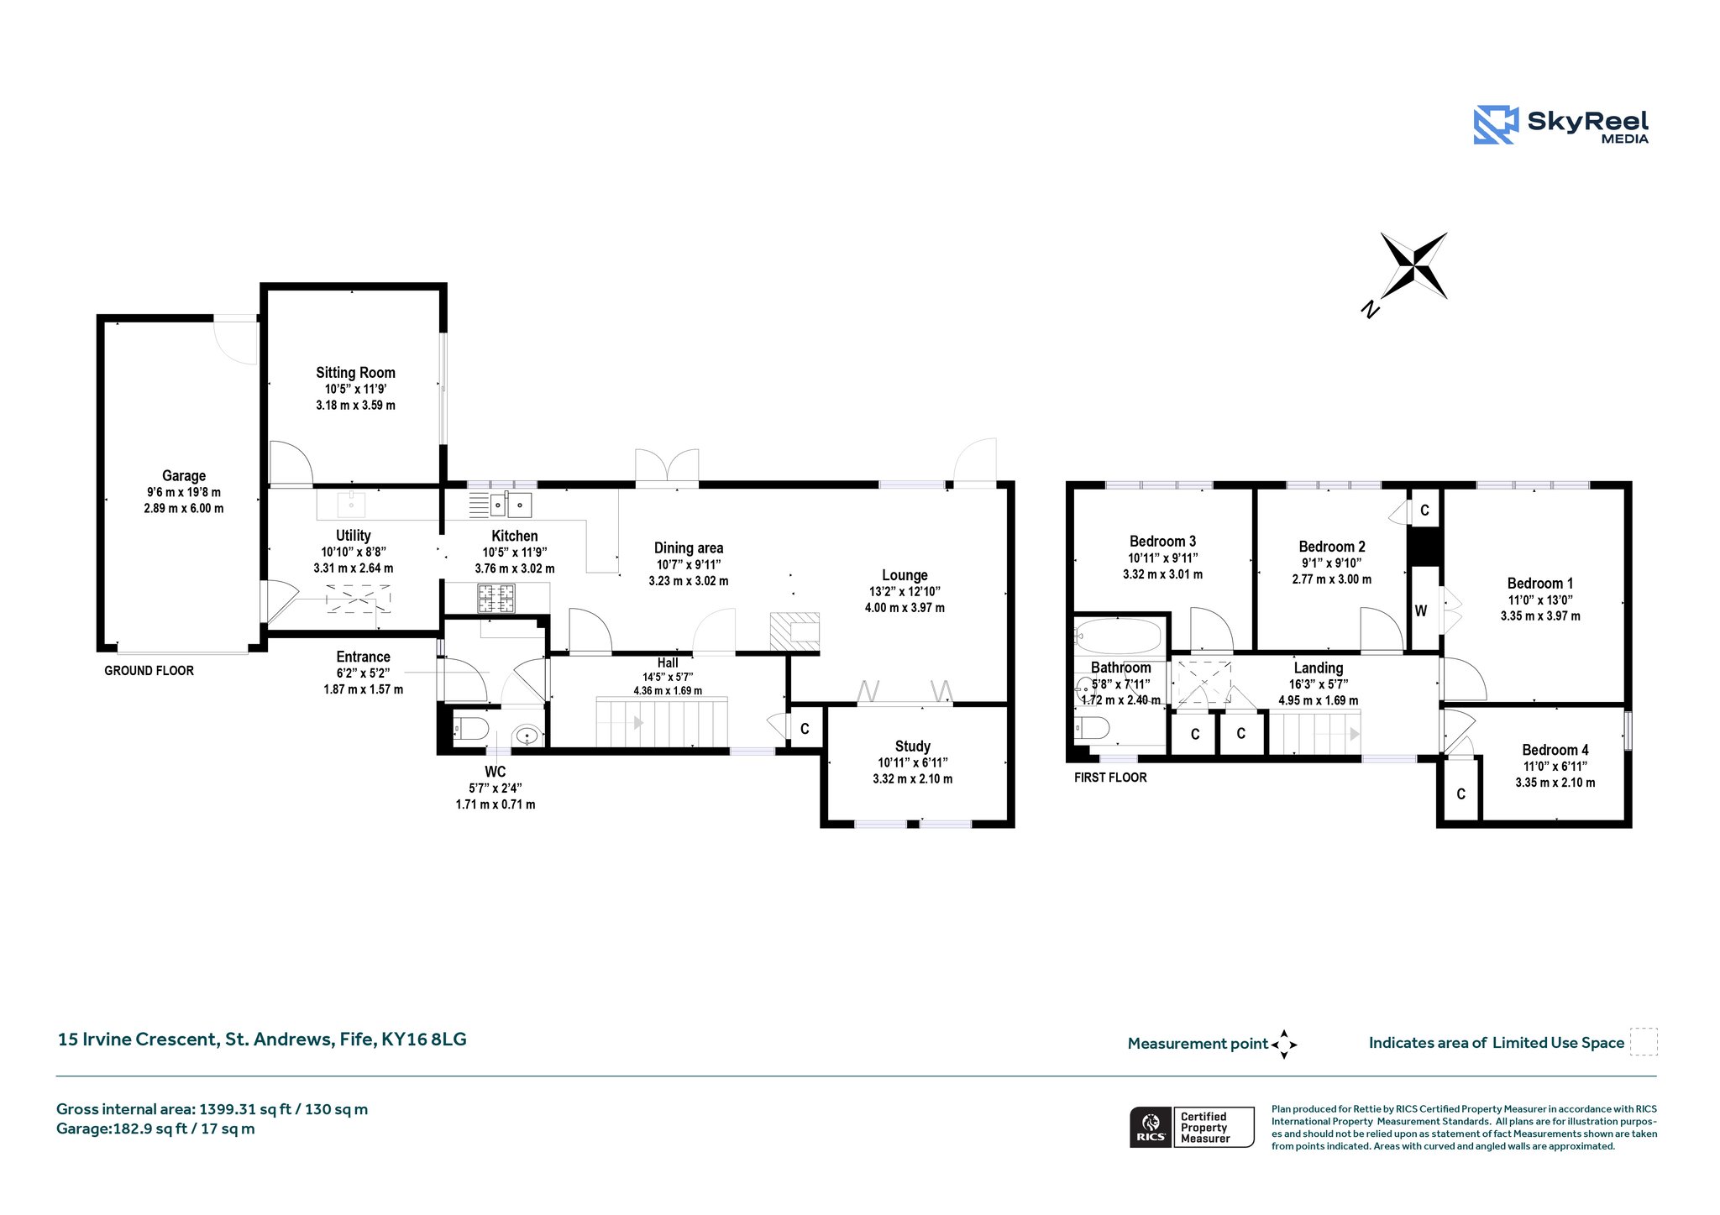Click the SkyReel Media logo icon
[x=1496, y=125]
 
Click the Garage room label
[x=184, y=475]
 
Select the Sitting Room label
[x=355, y=372]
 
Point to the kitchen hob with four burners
[x=496, y=599]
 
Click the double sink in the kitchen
[x=511, y=505]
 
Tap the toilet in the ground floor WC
[x=470, y=728]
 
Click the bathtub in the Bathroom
[x=1118, y=636]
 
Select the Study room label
[x=913, y=746]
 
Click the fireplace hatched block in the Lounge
[x=794, y=631]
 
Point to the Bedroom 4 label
[x=1555, y=750]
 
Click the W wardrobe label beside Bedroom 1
[x=1421, y=610]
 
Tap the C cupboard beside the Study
[x=805, y=729]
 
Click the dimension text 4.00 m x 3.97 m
[x=905, y=607]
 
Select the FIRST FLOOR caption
[x=1110, y=778]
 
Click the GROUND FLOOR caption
[x=149, y=670]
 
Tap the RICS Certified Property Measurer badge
[x=1192, y=1127]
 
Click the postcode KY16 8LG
[x=424, y=1039]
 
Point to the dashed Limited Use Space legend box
[x=1644, y=1041]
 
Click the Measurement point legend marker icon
[x=1284, y=1045]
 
